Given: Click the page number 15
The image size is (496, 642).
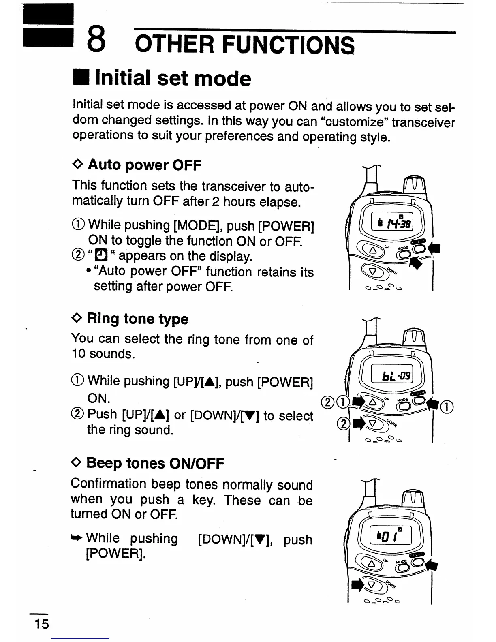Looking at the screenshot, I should [41, 623].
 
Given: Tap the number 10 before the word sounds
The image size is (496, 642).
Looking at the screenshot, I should [78, 354].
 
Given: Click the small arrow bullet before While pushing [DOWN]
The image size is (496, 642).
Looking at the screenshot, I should [77, 538].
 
